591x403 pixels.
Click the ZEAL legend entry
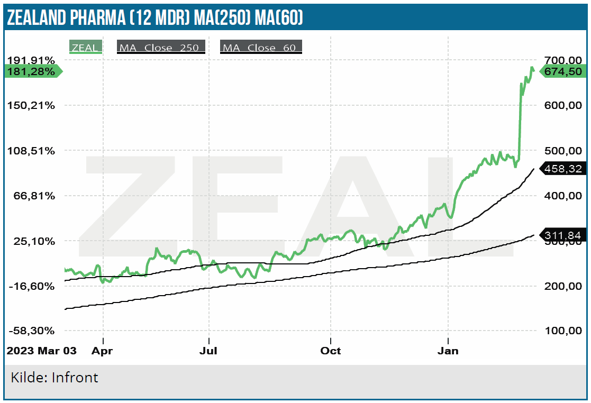pyautogui.click(x=85, y=48)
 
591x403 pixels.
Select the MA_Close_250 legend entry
pyautogui.click(x=161, y=48)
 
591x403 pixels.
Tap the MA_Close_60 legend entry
pyautogui.click(x=261, y=48)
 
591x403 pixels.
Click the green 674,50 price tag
pyautogui.click(x=562, y=71)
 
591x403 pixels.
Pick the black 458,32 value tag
pyautogui.click(x=564, y=169)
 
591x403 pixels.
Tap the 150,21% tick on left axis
pyautogui.click(x=31, y=105)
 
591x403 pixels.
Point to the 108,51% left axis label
pyautogui.click(x=31, y=151)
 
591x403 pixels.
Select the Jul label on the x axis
pyautogui.click(x=210, y=351)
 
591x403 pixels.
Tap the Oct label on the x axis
pyautogui.click(x=331, y=351)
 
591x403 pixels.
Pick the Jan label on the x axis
pyautogui.click(x=449, y=351)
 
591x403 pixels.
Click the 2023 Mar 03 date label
pyautogui.click(x=41, y=351)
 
